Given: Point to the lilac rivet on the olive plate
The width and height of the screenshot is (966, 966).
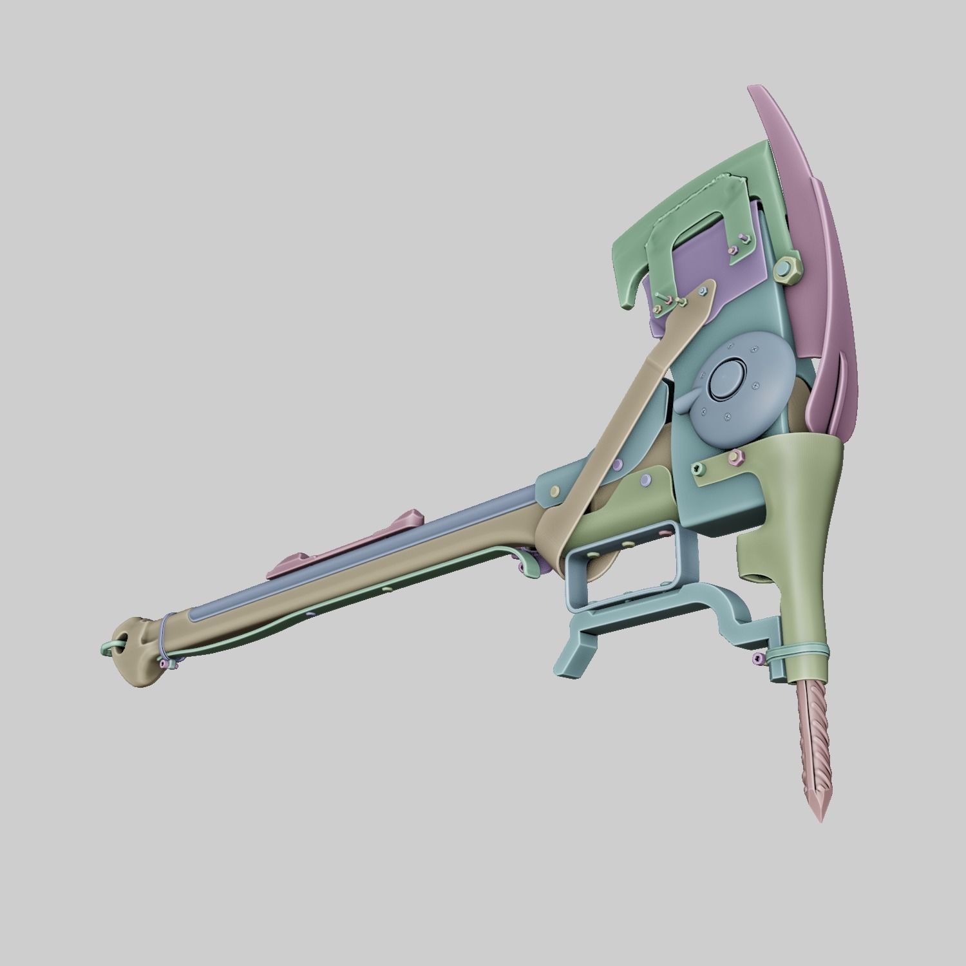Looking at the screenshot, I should click(645, 480).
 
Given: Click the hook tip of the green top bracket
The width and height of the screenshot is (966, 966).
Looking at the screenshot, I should click(628, 303).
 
